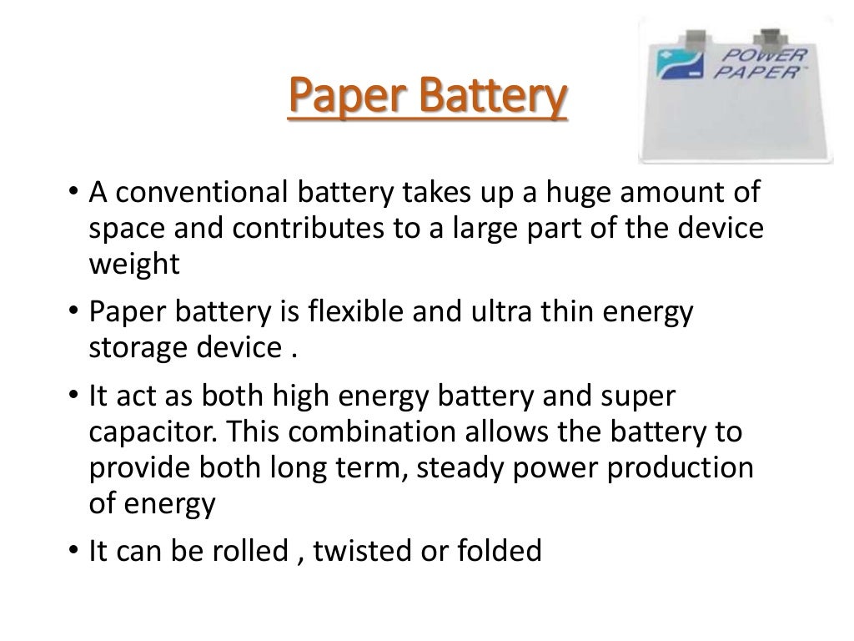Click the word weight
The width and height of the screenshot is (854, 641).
(x=133, y=265)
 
